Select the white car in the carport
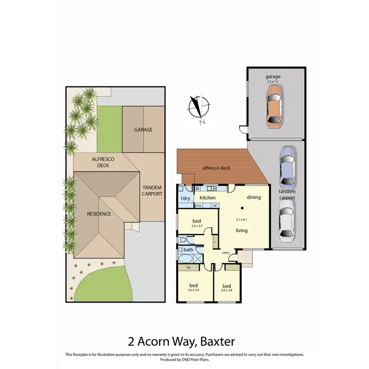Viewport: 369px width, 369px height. tap(286, 224)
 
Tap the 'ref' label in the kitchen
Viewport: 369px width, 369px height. tap(215, 205)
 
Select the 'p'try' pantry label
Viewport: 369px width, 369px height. tap(199, 205)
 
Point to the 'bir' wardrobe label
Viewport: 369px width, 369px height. tap(189, 268)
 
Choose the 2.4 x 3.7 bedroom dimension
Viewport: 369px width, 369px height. tap(197, 226)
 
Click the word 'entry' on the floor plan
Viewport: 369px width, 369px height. tap(226, 252)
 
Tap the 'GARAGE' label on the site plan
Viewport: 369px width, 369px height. tap(143, 130)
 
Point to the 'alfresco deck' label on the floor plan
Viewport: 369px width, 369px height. tap(216, 168)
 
